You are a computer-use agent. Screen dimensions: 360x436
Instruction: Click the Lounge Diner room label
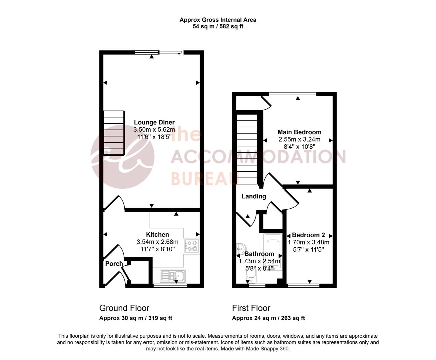pyautogui.click(x=154, y=122)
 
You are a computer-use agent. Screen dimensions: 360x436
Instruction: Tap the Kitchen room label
pyautogui.click(x=158, y=235)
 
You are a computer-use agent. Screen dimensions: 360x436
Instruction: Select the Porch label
pyautogui.click(x=114, y=264)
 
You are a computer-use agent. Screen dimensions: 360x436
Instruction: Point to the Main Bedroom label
pyautogui.click(x=299, y=132)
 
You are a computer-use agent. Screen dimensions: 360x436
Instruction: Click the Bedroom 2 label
pyautogui.click(x=308, y=235)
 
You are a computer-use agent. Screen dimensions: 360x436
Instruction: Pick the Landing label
pyautogui.click(x=254, y=196)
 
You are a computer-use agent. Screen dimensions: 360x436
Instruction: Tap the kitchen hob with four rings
pyautogui.click(x=192, y=246)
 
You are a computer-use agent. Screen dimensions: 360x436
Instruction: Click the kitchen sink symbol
pyautogui.click(x=173, y=276)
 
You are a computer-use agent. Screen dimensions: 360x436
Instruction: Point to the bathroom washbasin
pyautogui.click(x=241, y=247)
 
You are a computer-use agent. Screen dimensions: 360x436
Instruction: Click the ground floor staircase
pyautogui.click(x=114, y=133)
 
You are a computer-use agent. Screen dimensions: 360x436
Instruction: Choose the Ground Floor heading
pyautogui.click(x=124, y=308)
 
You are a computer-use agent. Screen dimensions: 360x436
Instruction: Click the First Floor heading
pyautogui.click(x=251, y=308)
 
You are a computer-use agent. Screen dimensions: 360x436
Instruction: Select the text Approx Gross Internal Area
pyautogui.click(x=218, y=20)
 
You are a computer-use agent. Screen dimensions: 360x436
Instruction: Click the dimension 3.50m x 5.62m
pyautogui.click(x=154, y=130)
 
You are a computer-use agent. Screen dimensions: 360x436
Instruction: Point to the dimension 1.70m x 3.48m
pyautogui.click(x=308, y=242)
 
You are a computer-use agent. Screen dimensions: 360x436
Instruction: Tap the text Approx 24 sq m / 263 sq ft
pyautogui.click(x=268, y=318)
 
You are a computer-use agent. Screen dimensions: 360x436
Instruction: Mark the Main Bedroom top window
pyautogui.click(x=292, y=94)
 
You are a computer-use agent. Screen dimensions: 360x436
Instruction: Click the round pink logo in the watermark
pyautogui.click(x=123, y=157)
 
